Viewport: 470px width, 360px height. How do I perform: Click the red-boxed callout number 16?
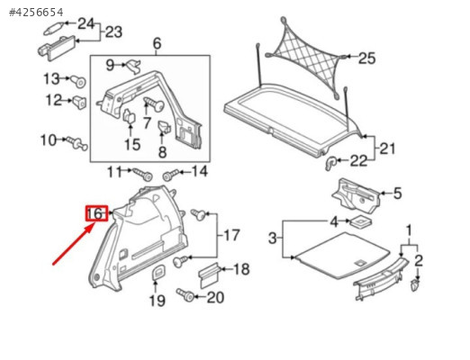[96, 213]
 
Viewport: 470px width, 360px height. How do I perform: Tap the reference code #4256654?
[36, 13]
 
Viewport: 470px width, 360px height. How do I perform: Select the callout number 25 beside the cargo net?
[366, 58]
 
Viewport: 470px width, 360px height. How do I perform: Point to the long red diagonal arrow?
[73, 245]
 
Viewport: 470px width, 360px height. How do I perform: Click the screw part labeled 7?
[154, 104]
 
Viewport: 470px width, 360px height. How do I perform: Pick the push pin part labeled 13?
[78, 81]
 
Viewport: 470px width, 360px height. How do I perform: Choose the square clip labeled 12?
[80, 103]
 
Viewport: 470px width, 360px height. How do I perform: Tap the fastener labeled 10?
[77, 143]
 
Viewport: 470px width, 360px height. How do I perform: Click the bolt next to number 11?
[142, 175]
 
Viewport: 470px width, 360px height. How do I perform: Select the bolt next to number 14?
[171, 175]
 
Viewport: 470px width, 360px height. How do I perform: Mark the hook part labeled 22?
[331, 163]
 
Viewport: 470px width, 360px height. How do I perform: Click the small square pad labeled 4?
[361, 221]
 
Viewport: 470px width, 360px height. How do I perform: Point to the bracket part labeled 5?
[356, 195]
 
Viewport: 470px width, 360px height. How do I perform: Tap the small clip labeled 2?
[415, 285]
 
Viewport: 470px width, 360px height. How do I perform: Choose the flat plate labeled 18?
[210, 275]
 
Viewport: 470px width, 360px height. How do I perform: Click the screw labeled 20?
[185, 294]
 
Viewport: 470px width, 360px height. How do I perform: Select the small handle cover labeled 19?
[158, 273]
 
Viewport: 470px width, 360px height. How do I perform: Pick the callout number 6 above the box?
[157, 44]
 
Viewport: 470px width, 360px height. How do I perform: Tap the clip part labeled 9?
[134, 66]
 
